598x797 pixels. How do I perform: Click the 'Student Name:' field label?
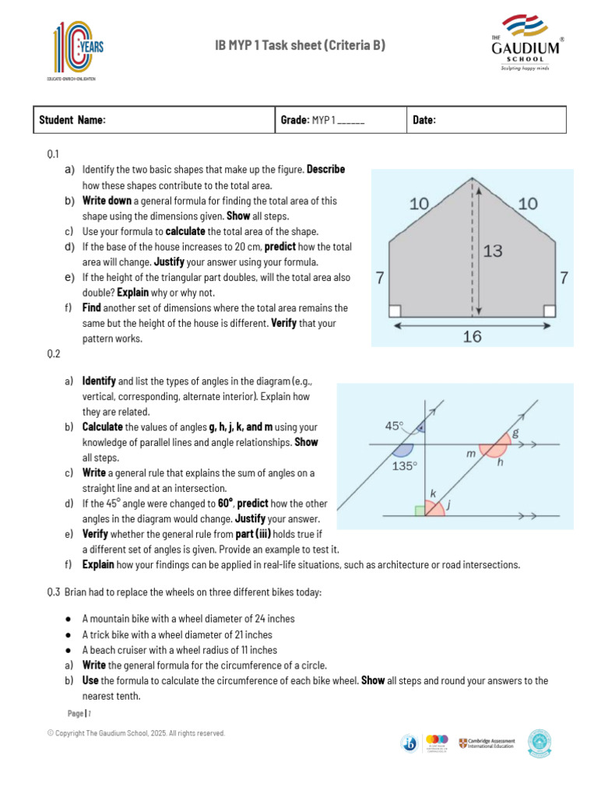point(72,120)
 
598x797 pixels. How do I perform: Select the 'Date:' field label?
point(424,120)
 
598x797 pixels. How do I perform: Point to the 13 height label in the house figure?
point(492,251)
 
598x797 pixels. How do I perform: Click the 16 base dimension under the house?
point(472,336)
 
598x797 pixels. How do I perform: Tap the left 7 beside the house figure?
point(380,277)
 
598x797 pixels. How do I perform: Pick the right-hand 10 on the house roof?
point(527,204)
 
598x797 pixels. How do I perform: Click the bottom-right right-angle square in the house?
point(550,311)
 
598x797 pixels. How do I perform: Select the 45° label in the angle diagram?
point(395,426)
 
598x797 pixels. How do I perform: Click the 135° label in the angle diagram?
point(404,466)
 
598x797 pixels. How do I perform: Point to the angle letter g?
point(515,432)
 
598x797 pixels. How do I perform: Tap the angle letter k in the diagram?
point(433,493)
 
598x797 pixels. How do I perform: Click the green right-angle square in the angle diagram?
point(420,511)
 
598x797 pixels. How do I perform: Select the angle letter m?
point(470,453)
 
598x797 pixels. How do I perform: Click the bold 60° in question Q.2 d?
point(226,503)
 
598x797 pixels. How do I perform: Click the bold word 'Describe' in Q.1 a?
point(325,169)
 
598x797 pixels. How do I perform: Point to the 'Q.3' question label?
point(54,592)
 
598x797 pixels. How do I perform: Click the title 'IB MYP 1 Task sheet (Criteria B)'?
point(300,47)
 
